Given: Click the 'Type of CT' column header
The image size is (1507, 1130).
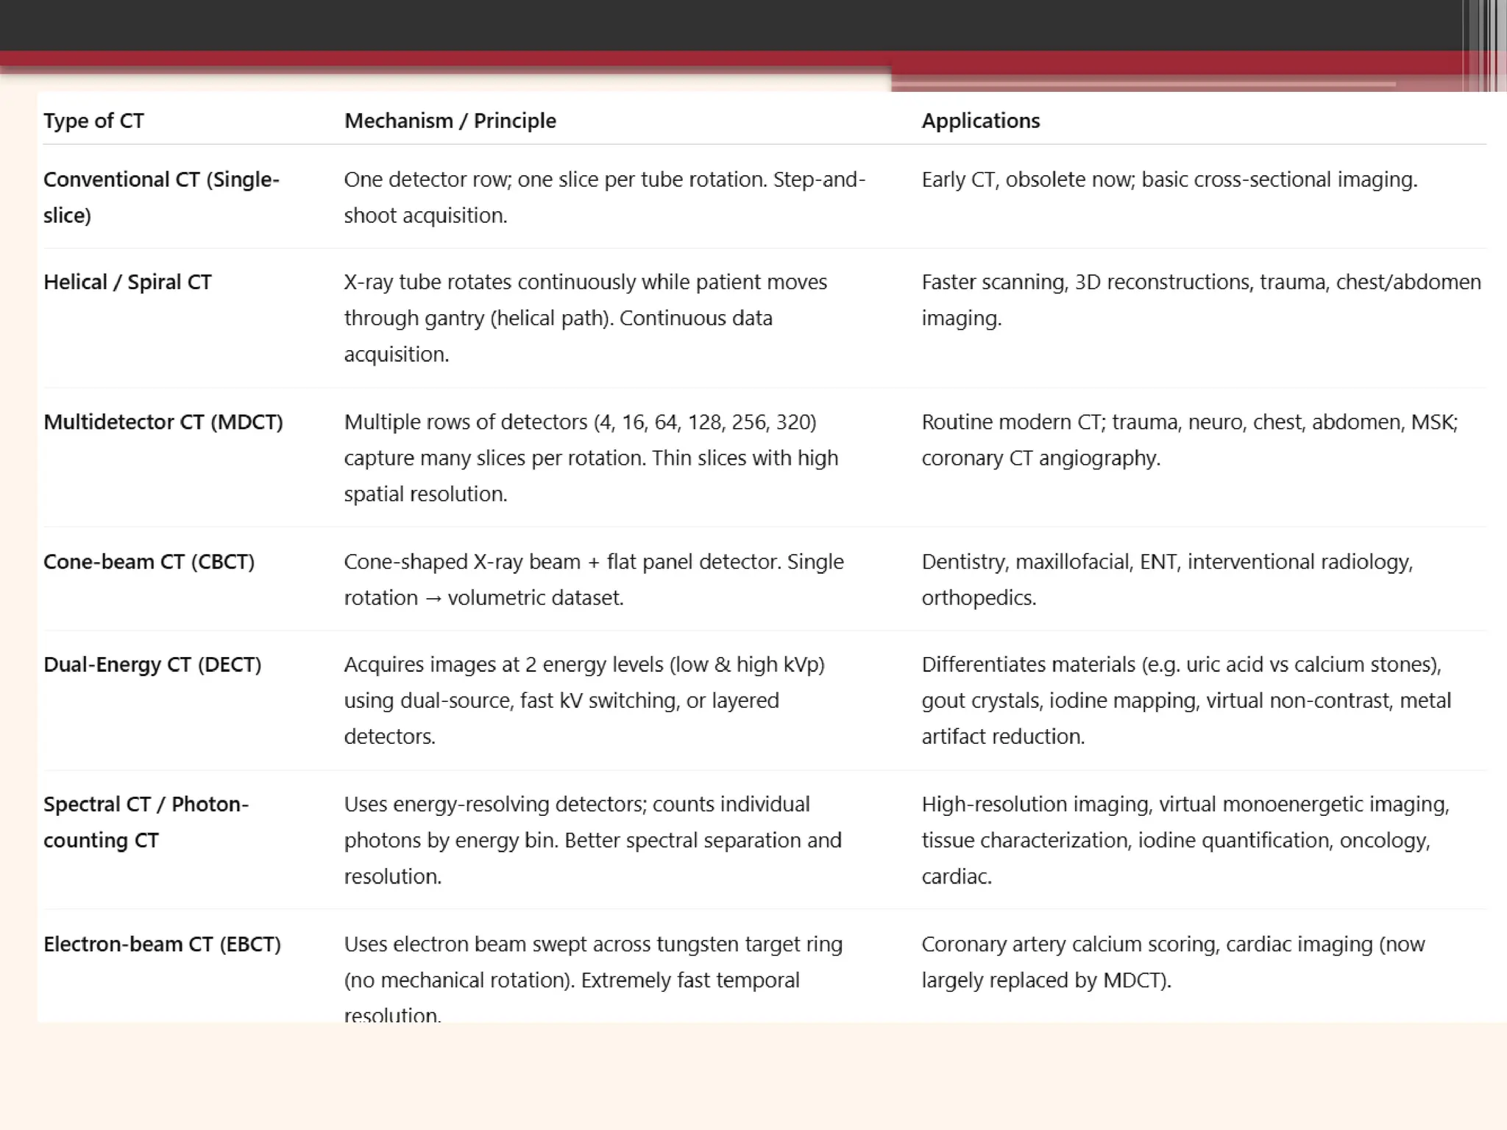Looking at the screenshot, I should pyautogui.click(x=93, y=121).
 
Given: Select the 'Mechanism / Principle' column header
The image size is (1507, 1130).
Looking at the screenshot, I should pyautogui.click(x=450, y=121).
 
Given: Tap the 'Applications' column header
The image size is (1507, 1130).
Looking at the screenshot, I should pyautogui.click(x=980, y=121).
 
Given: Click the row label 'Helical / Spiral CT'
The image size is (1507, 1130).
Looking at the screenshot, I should pyautogui.click(x=127, y=282).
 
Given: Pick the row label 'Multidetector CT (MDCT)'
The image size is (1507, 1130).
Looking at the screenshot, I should pyautogui.click(x=163, y=422).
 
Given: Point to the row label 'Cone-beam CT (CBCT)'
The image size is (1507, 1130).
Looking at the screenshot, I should pyautogui.click(x=149, y=562).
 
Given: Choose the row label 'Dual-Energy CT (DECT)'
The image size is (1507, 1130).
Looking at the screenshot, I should pyautogui.click(x=152, y=665).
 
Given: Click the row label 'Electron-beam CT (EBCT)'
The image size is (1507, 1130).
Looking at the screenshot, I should pyautogui.click(x=162, y=945).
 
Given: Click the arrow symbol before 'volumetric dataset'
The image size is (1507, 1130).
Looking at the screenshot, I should pyautogui.click(x=433, y=599).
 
